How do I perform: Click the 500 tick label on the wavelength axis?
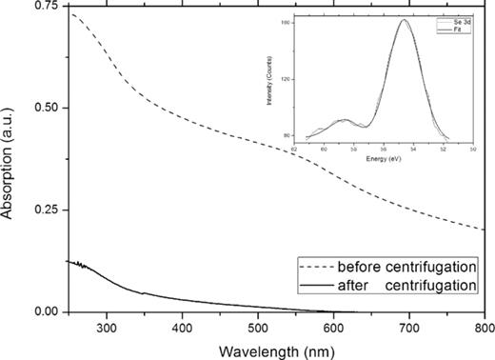(257, 327)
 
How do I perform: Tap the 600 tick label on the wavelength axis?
(332, 327)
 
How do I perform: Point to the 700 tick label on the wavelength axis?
(408, 327)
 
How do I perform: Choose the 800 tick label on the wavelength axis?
(481, 327)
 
